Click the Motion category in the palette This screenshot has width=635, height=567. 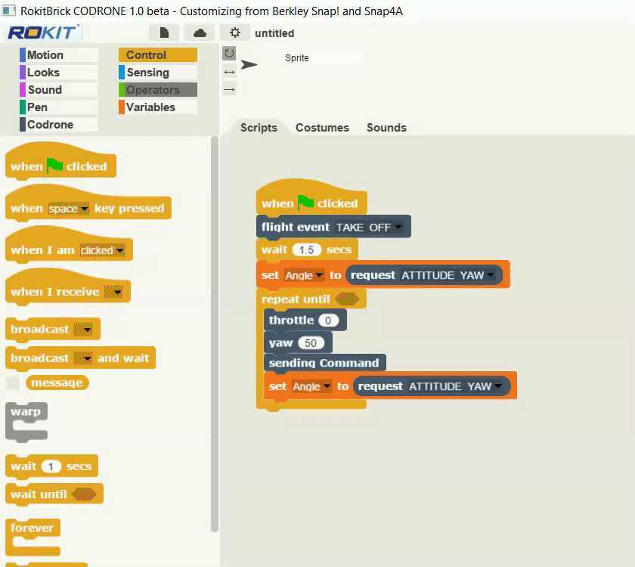pos(59,55)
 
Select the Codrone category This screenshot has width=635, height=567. pos(59,124)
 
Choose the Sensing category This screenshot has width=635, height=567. pos(157,73)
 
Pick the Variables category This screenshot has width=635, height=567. pos(157,107)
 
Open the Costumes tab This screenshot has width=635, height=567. pos(322,128)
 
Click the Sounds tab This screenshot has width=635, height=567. pos(386,128)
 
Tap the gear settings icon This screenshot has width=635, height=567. pos(235,33)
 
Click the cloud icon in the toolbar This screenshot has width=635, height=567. pos(200,33)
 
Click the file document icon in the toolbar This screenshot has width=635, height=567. pos(164,33)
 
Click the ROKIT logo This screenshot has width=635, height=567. pos(43,33)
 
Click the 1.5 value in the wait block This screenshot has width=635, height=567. pos(307,250)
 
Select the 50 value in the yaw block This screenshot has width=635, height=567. pos(311,343)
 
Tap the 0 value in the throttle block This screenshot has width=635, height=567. pos(328,321)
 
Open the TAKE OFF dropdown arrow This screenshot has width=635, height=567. pos(398,227)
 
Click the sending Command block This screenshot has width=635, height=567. pos(324,363)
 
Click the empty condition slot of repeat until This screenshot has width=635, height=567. pos(347,299)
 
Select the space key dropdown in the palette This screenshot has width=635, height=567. pos(67,209)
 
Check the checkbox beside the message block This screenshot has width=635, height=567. pos(13,383)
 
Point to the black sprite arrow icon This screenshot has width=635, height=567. pos(249,64)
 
